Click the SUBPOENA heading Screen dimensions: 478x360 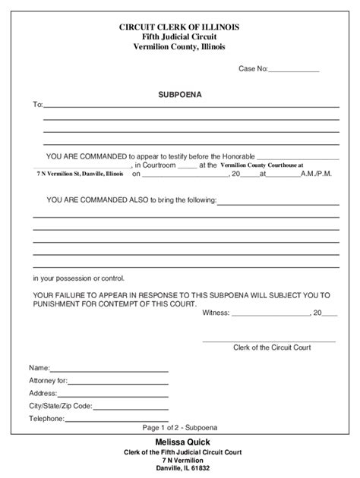180,98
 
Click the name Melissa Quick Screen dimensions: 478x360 180,442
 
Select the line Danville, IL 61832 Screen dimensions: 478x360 180,469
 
